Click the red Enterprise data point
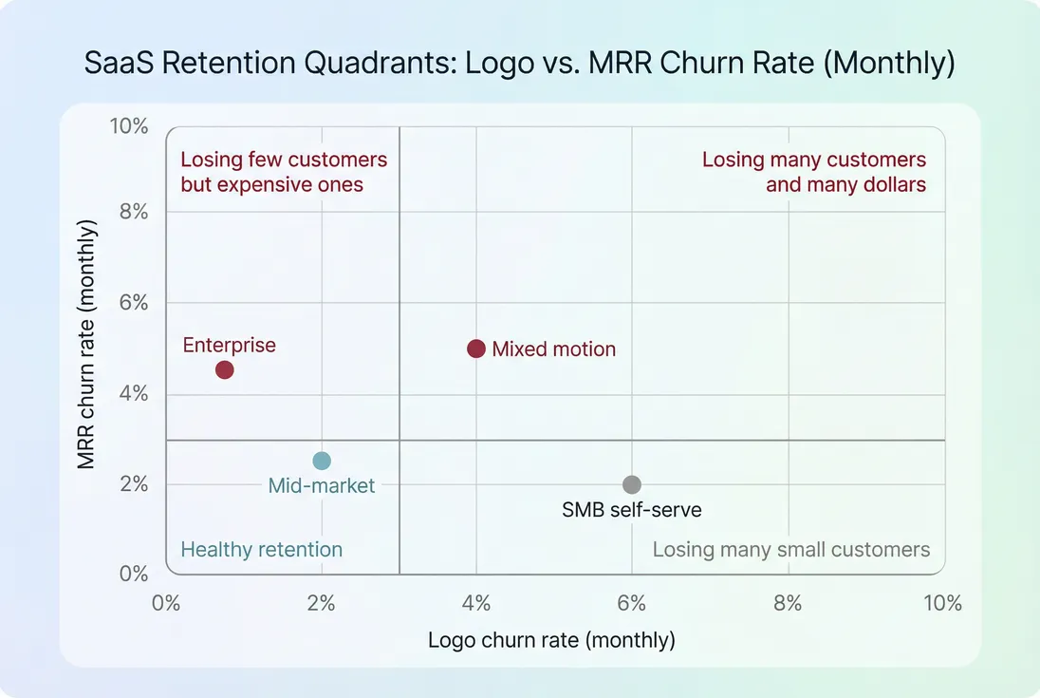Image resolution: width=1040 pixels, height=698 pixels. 224,369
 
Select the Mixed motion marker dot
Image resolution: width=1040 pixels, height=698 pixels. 476,349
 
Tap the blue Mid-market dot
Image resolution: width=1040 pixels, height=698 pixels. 322,461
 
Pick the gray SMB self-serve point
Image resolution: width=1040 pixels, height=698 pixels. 632,484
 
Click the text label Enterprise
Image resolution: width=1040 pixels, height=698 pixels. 229,345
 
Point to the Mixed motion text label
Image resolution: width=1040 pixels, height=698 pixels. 553,349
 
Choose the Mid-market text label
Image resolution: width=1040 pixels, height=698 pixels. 322,486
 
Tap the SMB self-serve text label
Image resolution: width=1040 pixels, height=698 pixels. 632,510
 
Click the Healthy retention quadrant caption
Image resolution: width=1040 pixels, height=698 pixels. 261,550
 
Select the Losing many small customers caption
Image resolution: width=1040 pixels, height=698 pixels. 790,550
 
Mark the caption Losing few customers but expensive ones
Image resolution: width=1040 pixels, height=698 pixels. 284,172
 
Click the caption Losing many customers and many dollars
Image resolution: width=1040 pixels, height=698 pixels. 814,172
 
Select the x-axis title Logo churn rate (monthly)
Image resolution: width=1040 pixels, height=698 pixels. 551,640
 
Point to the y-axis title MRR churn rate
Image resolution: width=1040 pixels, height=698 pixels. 87,344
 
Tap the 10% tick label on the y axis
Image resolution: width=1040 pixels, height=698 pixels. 130,126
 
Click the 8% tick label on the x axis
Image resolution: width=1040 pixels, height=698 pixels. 788,604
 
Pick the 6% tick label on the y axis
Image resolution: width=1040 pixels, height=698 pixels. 134,303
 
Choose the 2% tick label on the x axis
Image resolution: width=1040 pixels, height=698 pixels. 322,604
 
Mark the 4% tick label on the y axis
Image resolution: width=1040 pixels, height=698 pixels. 134,393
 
